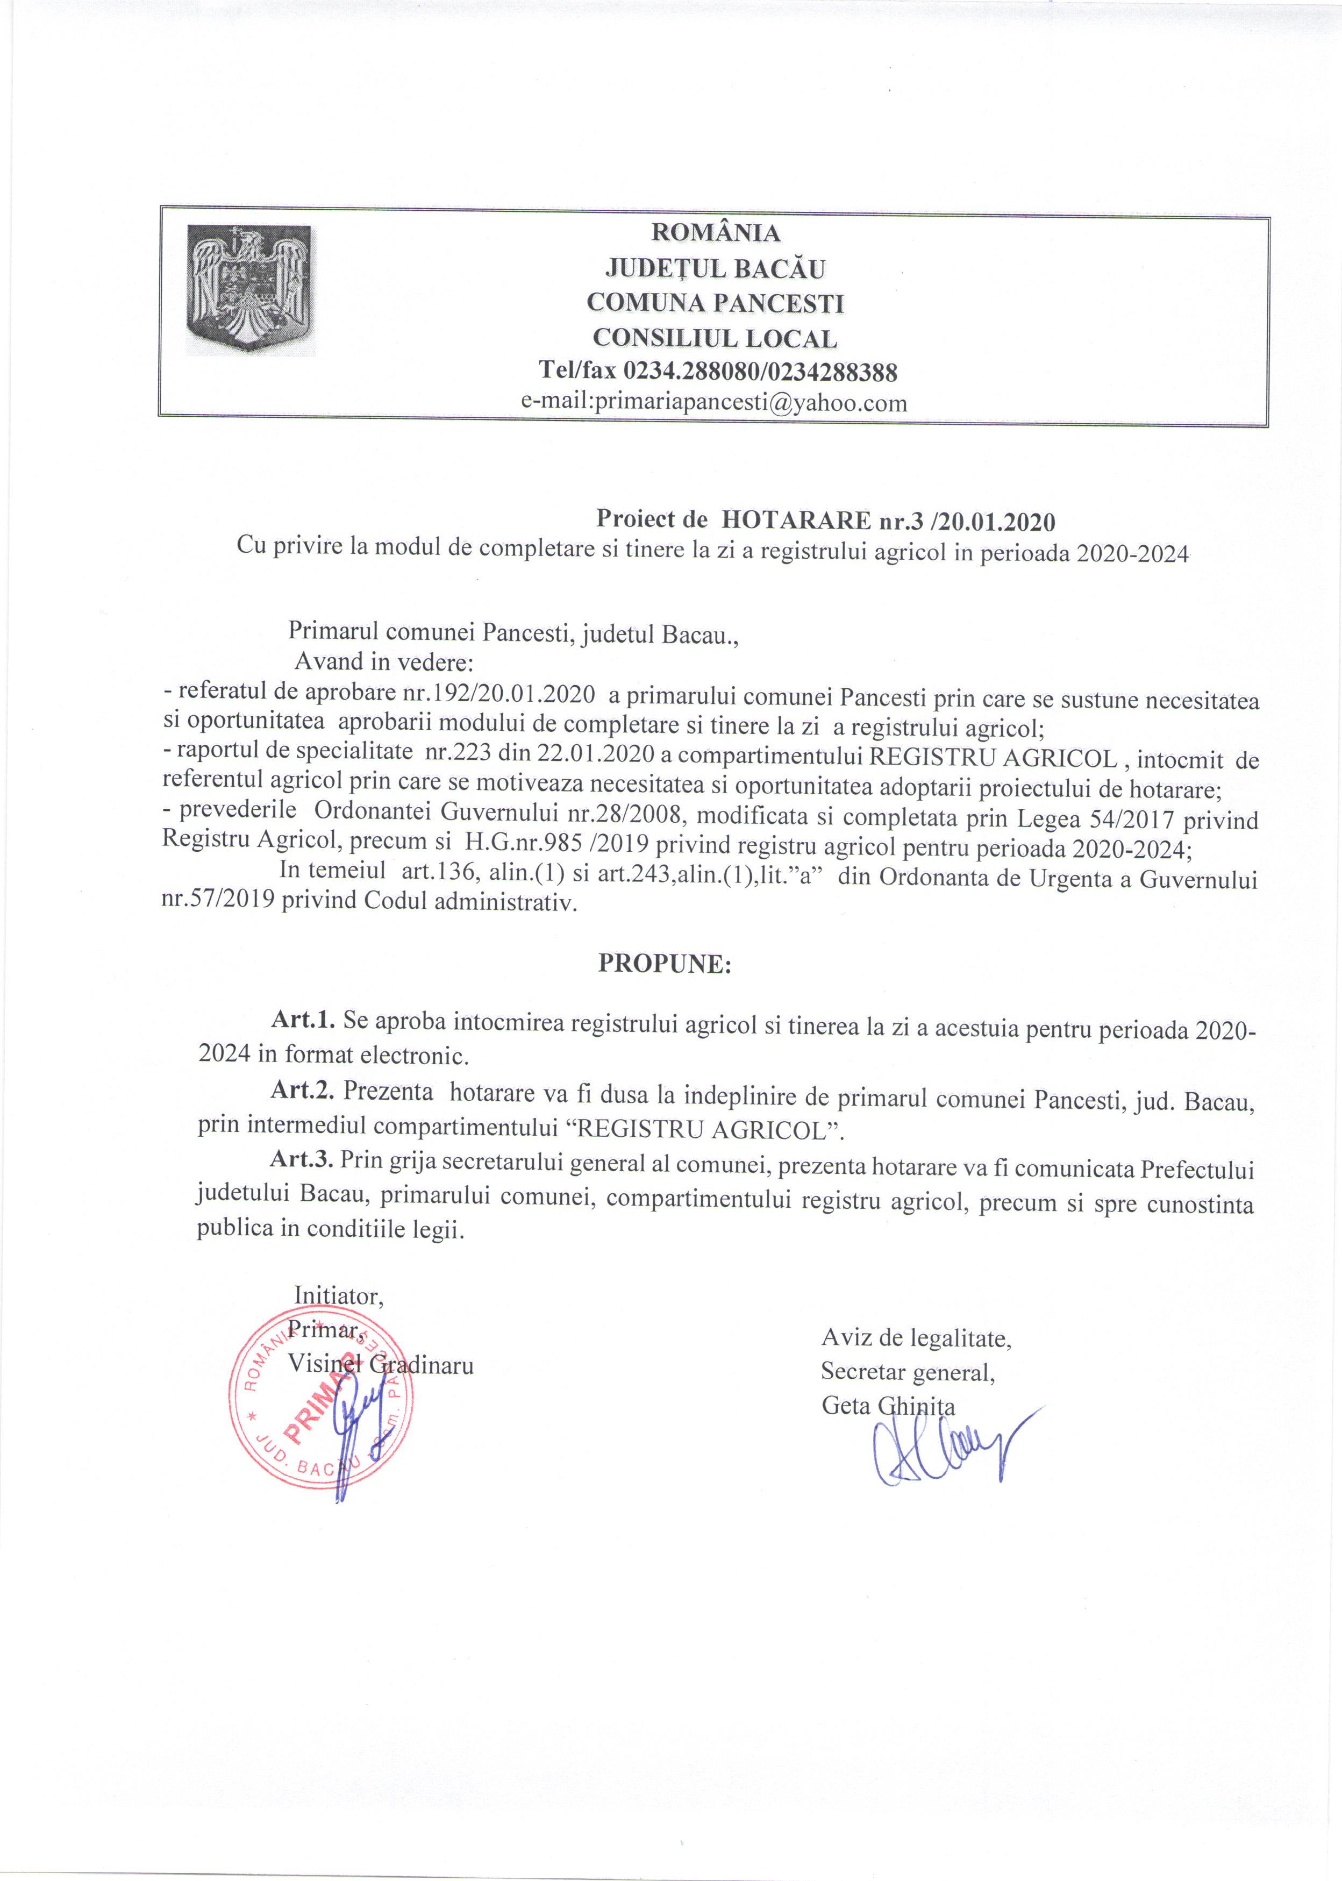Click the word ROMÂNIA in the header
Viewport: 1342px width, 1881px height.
coord(716,233)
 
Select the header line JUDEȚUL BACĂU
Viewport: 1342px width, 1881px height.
coord(716,268)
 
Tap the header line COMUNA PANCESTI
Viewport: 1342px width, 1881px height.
coord(716,303)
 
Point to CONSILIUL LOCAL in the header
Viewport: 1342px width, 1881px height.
coord(716,338)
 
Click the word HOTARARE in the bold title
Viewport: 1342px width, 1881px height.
coord(793,522)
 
